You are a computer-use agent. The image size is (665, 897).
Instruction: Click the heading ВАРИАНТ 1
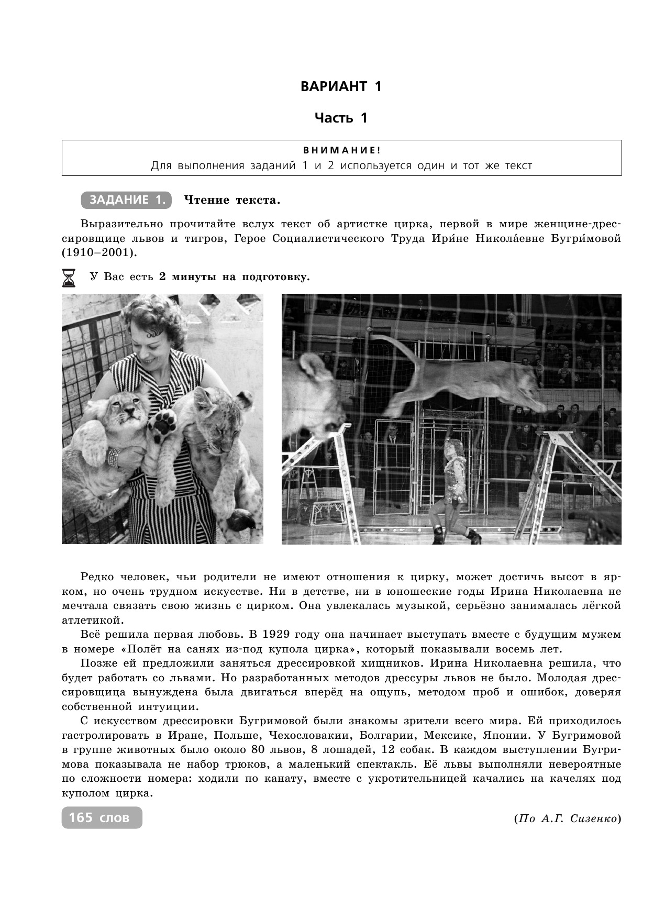tap(341, 87)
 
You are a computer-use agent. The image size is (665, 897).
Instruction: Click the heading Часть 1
tap(341, 118)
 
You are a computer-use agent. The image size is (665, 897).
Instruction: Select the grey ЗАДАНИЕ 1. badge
tap(126, 200)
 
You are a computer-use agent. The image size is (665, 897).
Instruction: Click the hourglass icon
tap(69, 278)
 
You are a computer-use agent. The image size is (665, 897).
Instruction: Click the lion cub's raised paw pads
tap(163, 422)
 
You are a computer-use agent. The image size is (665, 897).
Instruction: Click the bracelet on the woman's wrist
tap(114, 457)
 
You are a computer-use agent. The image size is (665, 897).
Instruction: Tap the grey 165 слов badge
tap(102, 817)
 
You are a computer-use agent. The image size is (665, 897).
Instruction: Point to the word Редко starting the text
tap(98, 577)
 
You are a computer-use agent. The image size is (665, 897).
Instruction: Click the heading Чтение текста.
tap(232, 200)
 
